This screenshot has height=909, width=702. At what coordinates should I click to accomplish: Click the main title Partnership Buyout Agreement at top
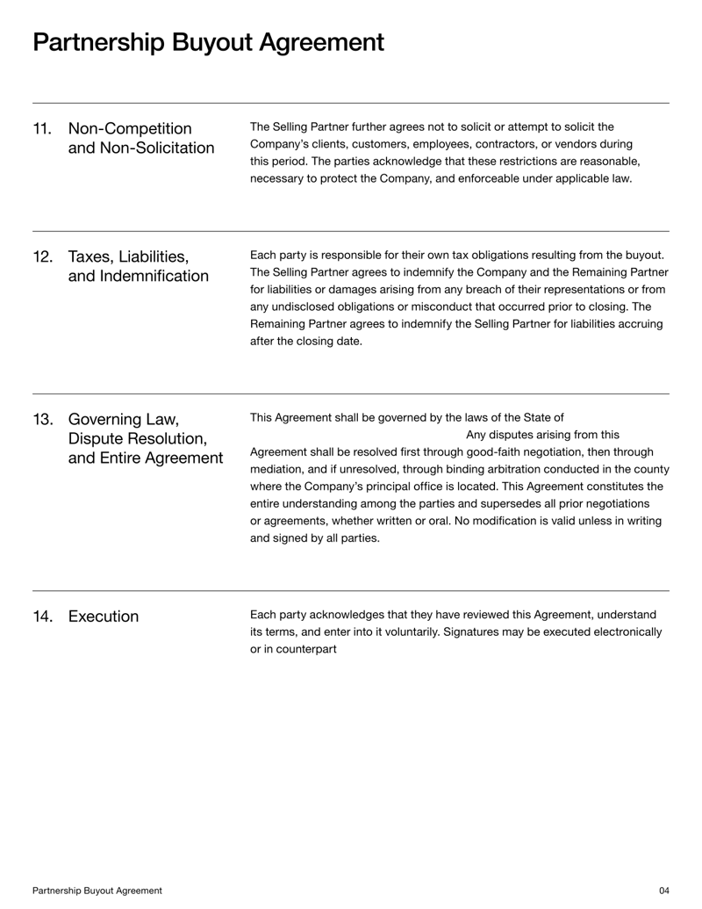click(x=208, y=42)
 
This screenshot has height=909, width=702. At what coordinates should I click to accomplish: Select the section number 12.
click(x=42, y=256)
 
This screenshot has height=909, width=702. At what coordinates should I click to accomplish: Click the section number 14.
click(x=42, y=617)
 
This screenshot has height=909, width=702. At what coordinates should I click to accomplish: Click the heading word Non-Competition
click(x=130, y=129)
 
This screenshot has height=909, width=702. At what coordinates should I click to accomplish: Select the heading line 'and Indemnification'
click(x=139, y=277)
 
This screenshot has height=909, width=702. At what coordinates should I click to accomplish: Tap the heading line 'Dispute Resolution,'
click(x=137, y=437)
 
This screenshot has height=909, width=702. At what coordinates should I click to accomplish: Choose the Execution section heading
click(x=103, y=617)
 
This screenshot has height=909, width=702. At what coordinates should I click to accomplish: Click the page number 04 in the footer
click(x=663, y=891)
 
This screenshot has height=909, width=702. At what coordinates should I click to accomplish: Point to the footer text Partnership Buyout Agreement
click(x=97, y=891)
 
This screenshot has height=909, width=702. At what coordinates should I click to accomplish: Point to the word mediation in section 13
click(x=278, y=469)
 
